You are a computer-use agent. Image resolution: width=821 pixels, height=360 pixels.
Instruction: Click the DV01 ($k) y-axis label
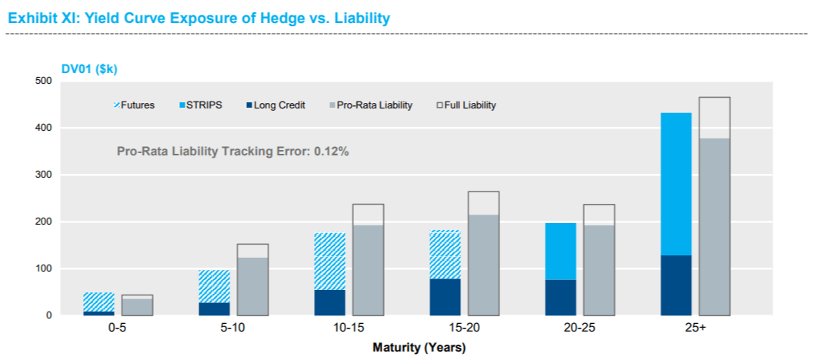[x=89, y=68]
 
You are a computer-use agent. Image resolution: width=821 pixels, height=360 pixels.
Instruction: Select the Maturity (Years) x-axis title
[x=419, y=347]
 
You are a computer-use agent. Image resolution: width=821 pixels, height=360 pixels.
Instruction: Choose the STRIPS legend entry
[x=202, y=105]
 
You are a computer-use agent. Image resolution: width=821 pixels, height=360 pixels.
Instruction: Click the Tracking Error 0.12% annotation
[x=232, y=152]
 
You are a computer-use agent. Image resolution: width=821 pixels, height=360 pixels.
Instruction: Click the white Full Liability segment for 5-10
[x=252, y=251]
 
